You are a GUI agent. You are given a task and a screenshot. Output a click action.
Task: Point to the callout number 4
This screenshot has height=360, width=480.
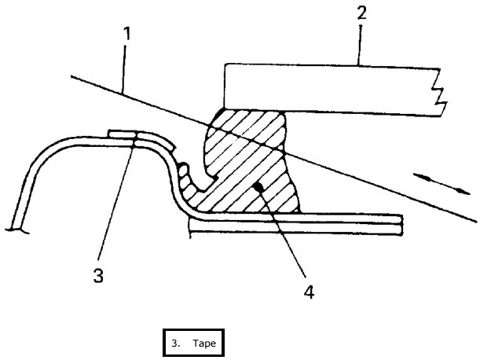310,292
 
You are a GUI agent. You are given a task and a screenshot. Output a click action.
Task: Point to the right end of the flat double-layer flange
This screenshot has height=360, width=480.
400,223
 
